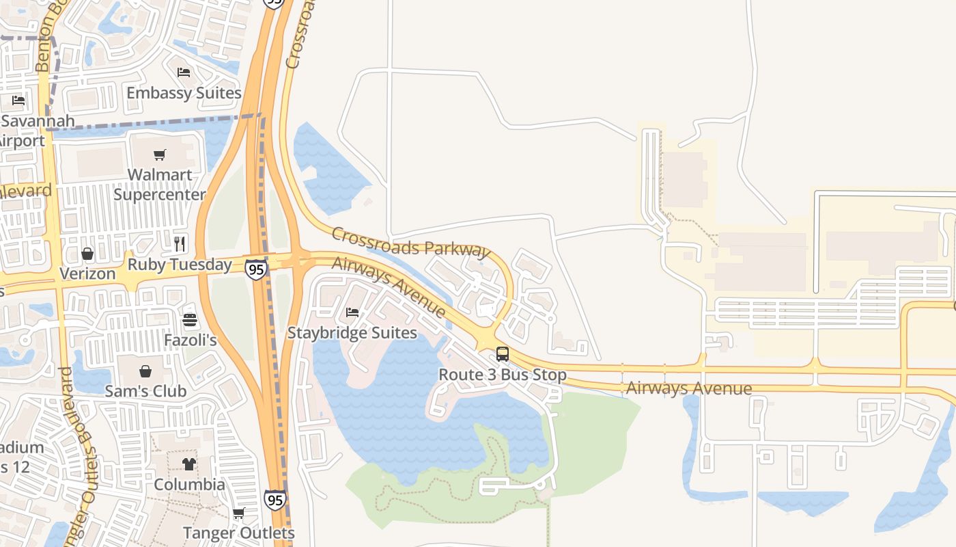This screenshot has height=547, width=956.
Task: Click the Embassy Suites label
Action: (184, 93)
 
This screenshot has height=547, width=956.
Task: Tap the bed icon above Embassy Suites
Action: (184, 72)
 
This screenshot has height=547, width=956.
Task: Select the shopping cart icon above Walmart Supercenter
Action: (160, 155)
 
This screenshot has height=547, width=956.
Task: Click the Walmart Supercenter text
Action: (159, 185)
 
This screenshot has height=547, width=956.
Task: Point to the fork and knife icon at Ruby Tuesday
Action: (180, 244)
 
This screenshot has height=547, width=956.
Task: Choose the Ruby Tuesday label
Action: (180, 265)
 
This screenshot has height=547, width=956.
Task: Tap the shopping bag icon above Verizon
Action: (87, 254)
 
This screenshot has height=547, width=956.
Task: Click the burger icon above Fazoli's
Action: (190, 320)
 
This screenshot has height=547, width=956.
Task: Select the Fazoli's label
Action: (190, 340)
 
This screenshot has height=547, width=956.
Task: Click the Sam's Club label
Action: (145, 391)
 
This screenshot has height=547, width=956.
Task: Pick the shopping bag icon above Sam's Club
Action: (145, 371)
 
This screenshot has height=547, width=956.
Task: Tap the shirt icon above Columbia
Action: (188, 464)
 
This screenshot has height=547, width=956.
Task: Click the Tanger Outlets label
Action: (238, 533)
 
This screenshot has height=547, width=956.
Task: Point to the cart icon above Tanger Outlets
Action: (238, 513)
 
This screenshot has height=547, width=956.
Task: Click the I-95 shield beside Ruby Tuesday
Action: (256, 269)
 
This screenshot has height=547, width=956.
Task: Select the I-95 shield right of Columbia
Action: (275, 500)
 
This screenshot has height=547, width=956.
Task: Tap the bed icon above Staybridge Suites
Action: (352, 312)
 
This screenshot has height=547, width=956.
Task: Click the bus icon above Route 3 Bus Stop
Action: (503, 354)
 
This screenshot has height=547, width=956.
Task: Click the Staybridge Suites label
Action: (352, 333)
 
